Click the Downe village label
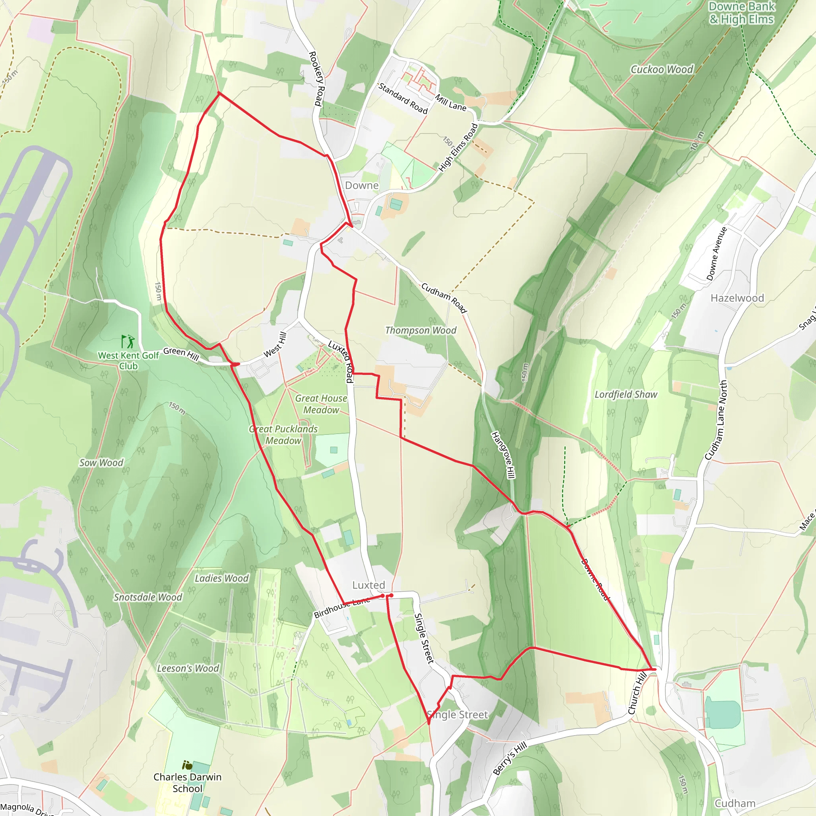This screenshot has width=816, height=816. (x=361, y=185)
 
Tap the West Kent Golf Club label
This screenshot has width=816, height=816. (x=128, y=361)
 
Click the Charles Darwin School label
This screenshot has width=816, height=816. (x=187, y=783)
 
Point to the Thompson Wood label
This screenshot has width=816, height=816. (x=421, y=330)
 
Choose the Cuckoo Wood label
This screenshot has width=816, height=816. (x=662, y=69)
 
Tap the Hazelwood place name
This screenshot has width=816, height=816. (x=737, y=298)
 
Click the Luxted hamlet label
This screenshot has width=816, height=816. (x=369, y=585)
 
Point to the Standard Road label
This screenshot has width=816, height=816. (x=403, y=98)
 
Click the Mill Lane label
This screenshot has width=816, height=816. (x=451, y=103)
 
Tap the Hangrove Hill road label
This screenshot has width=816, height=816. (x=503, y=455)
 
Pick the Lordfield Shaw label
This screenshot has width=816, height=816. (x=626, y=394)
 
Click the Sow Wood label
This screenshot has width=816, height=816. (x=101, y=463)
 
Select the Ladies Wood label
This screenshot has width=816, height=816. (x=222, y=578)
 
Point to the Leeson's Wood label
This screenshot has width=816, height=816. (x=188, y=668)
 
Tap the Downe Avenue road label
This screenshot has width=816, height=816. (x=717, y=254)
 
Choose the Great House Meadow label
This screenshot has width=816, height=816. (x=321, y=404)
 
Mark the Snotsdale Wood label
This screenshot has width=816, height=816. (x=148, y=597)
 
